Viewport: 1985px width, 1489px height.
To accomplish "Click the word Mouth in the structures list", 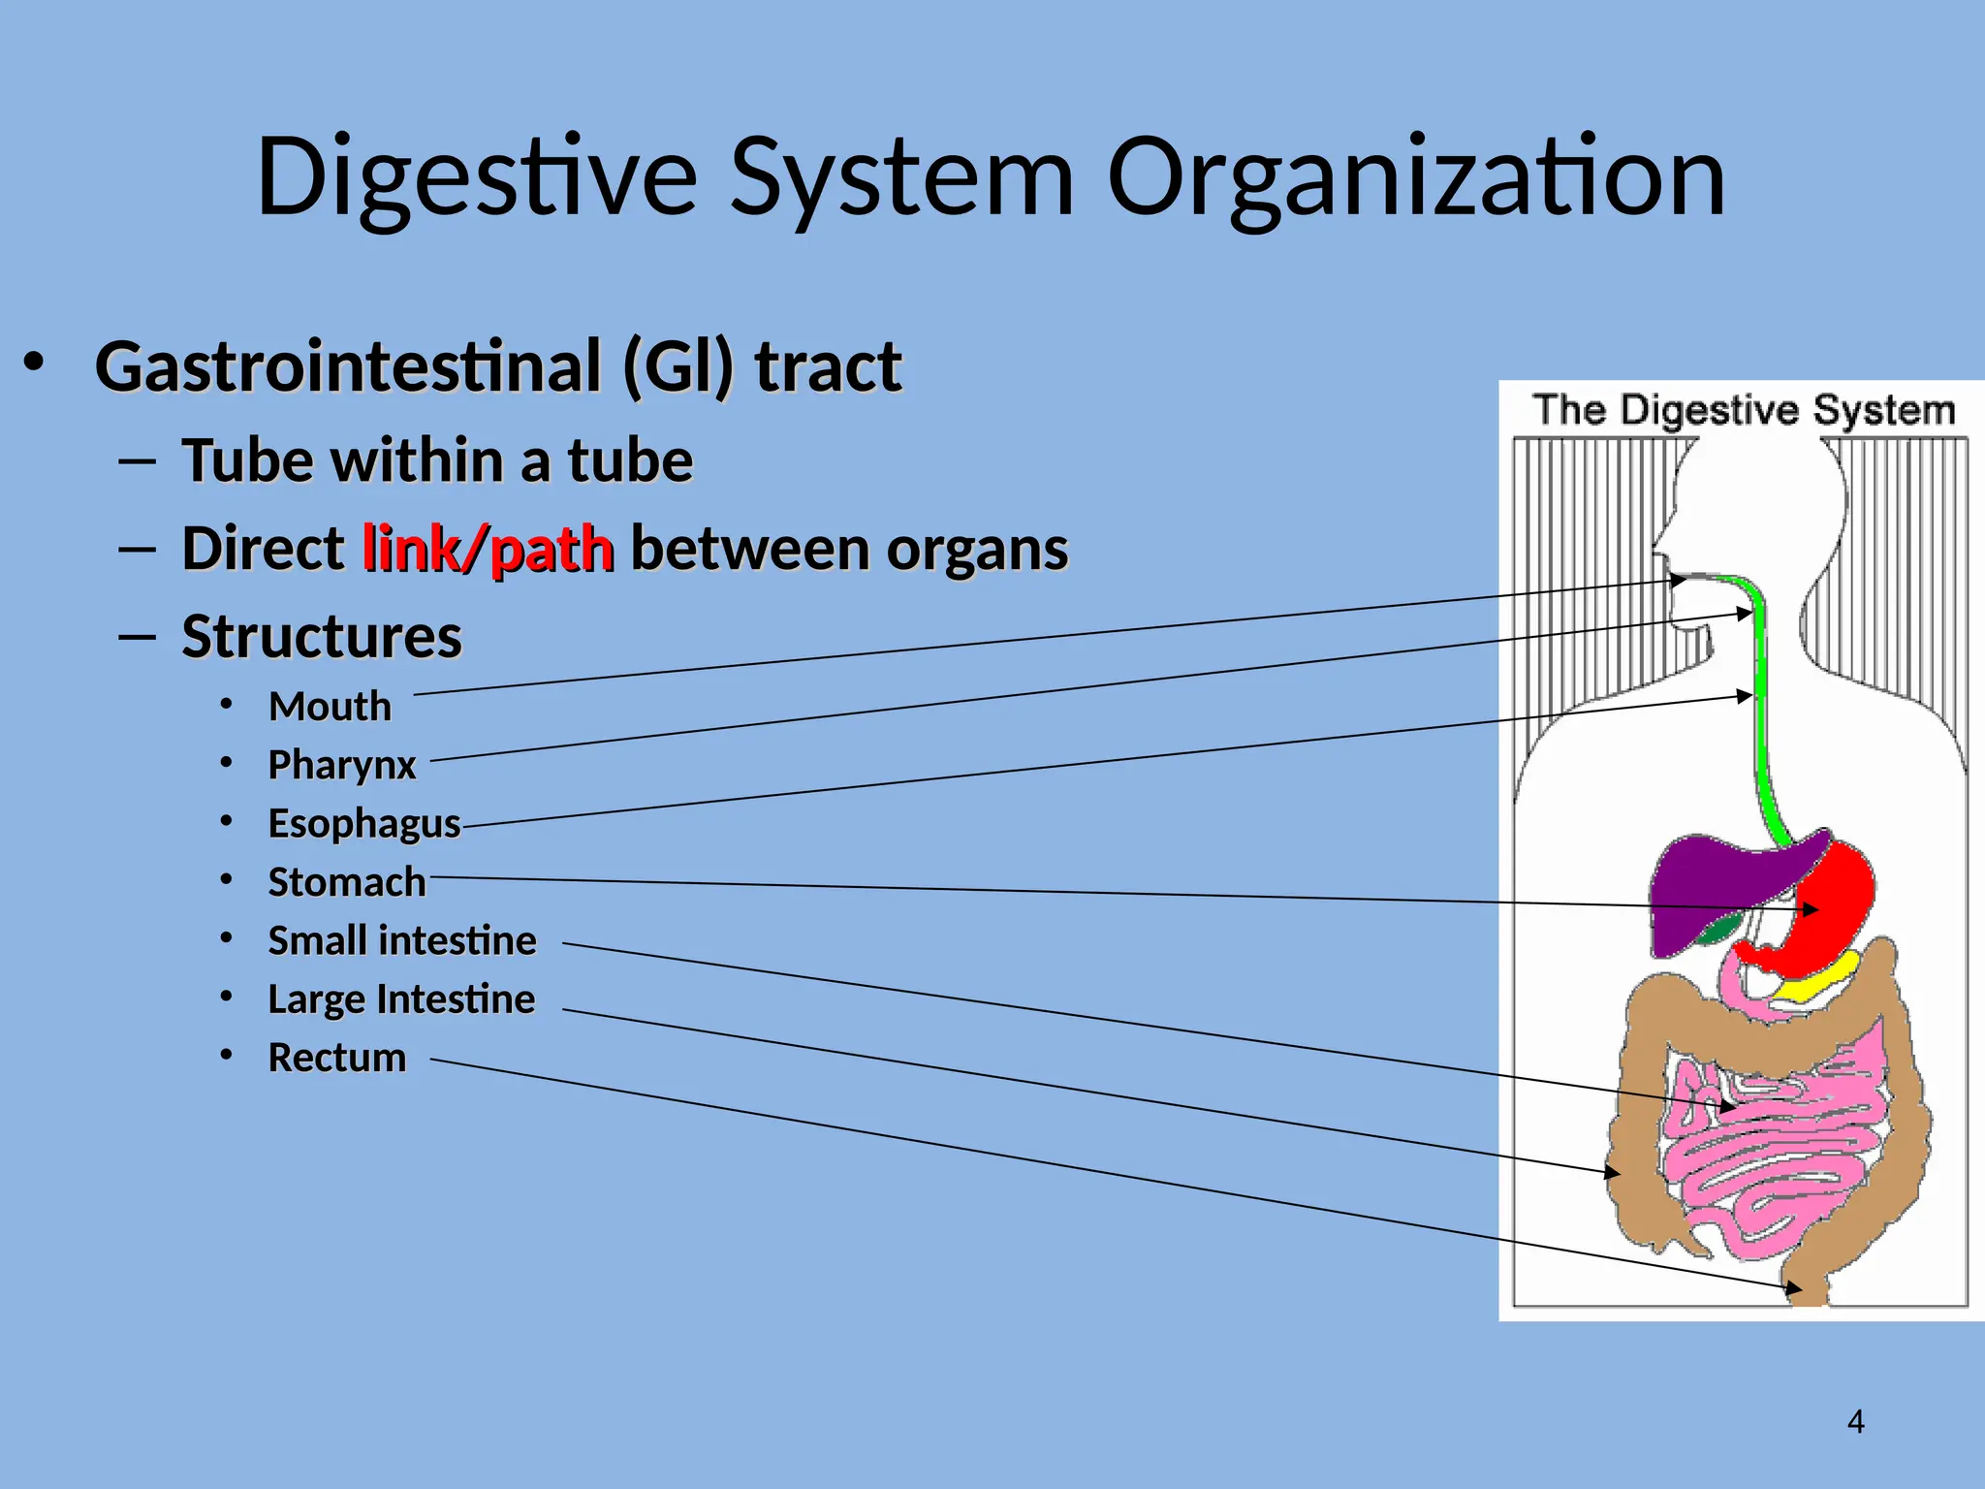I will point(330,707).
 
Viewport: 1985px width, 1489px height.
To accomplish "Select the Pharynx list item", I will point(341,765).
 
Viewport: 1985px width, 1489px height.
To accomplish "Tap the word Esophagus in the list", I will point(364,824).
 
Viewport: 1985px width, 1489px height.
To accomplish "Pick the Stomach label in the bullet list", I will point(346,882).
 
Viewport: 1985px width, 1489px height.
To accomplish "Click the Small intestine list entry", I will point(401,940).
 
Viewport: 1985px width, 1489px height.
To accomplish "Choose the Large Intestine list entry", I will point(401,998).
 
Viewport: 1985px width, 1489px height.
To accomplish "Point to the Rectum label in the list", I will point(336,1057).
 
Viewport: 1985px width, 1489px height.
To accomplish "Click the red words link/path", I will point(488,549).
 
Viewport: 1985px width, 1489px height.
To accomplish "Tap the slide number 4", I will point(1855,1421).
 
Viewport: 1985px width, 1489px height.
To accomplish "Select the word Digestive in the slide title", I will point(476,176).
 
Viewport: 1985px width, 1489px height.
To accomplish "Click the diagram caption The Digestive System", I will point(1743,410).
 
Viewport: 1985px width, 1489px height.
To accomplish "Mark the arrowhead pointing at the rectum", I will point(1795,1289).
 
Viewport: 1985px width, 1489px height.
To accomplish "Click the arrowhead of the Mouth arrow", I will point(1679,580).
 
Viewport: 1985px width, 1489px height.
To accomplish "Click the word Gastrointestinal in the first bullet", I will point(349,366).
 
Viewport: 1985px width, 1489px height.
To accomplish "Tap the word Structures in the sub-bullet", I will point(322,637).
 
